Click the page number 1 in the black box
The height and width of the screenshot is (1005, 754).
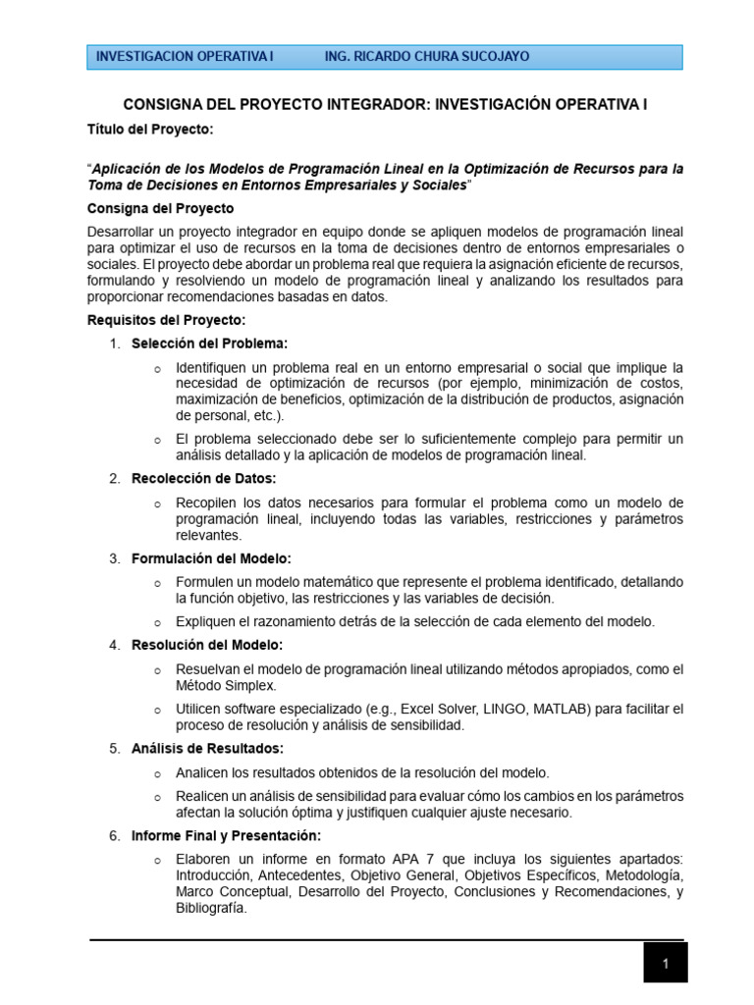665,964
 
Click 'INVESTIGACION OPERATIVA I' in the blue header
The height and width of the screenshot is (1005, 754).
185,57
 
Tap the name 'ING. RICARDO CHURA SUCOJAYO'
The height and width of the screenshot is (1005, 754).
426,57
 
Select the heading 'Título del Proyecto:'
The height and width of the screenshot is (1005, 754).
149,129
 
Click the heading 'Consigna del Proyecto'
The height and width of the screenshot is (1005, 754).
161,209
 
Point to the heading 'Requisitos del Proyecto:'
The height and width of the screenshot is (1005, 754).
167,320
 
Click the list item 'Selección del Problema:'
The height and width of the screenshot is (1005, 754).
210,344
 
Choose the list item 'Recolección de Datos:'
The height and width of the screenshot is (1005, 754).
204,478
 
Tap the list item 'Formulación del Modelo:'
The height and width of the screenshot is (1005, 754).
211,558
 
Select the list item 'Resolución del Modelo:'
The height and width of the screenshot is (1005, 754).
207,645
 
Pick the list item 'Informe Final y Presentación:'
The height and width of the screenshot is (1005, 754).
227,835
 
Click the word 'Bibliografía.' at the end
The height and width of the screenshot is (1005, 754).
211,909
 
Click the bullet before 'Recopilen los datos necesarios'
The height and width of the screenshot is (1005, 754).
157,503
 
